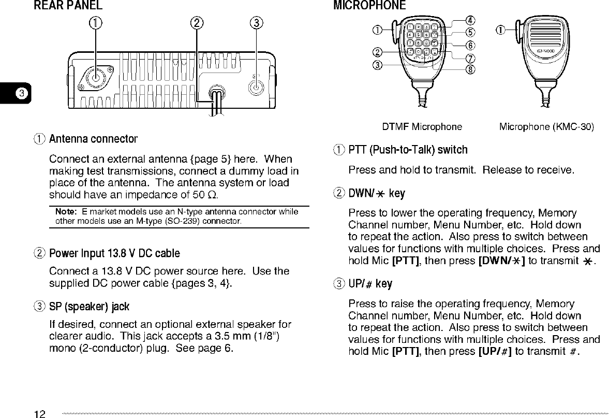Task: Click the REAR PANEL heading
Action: coord(68,6)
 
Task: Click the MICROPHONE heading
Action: coord(369,6)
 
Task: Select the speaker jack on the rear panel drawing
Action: coord(255,85)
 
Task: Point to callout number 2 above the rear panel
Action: coord(197,23)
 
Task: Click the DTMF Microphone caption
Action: coord(422,126)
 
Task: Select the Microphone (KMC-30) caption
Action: coord(546,126)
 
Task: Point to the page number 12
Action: coord(40,413)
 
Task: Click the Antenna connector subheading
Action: coord(93,139)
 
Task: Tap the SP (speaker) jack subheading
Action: coord(89,307)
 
